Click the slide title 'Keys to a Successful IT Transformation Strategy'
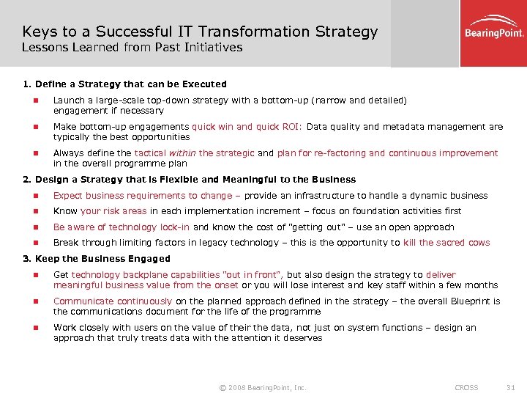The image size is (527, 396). coord(200,32)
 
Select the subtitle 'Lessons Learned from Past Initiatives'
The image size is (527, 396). coord(132,48)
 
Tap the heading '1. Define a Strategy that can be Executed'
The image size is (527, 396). coord(124,84)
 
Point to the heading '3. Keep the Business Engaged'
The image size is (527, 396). coord(97,259)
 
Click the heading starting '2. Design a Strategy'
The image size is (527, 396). coord(190,180)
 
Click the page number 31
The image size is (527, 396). coord(511,387)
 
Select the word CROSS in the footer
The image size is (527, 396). coord(466,387)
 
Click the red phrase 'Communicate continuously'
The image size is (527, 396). coord(113,301)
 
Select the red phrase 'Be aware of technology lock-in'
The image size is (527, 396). coord(122,227)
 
